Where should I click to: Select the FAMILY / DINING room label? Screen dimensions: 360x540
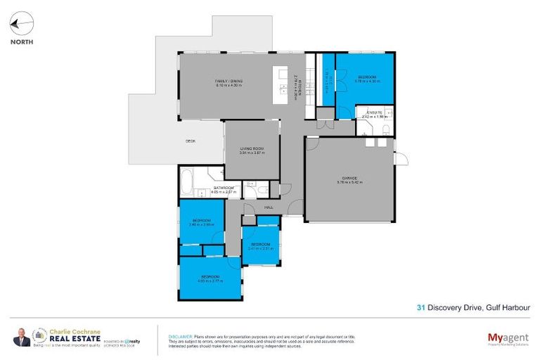(x=229, y=82)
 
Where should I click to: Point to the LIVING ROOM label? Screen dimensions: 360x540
(x=251, y=149)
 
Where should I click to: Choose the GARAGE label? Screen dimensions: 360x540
(x=349, y=179)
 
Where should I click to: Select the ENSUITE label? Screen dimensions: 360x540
(x=372, y=112)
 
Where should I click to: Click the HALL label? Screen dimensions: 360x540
(x=268, y=207)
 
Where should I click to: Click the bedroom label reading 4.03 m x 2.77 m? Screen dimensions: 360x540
(x=210, y=278)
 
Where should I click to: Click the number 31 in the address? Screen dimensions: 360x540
(x=420, y=307)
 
